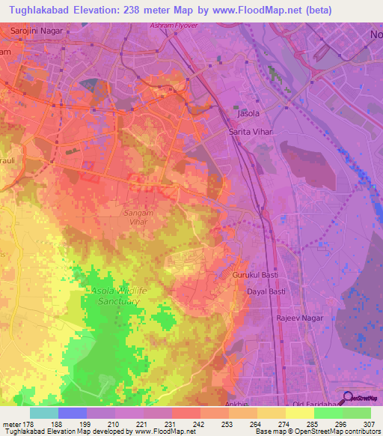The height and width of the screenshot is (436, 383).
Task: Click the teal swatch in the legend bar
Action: point(43,413)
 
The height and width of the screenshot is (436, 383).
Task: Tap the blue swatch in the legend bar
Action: point(72,413)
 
